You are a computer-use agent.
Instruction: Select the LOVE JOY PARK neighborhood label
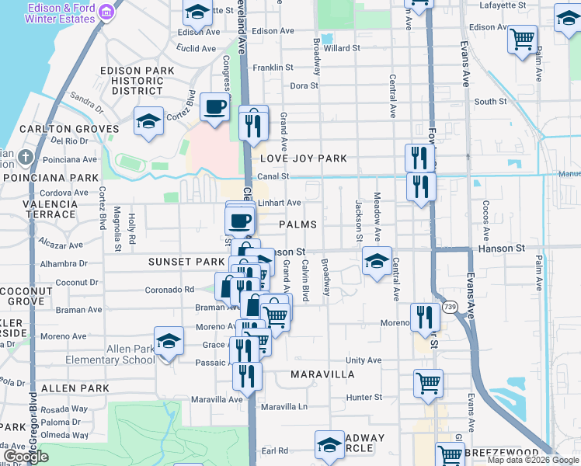[x=303, y=158]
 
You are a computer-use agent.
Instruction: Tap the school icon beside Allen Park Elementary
[x=169, y=341]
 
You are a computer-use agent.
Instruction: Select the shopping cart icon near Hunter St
[x=428, y=382]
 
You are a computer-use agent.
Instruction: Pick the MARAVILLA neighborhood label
[x=322, y=374]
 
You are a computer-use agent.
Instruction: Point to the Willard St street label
[x=342, y=47]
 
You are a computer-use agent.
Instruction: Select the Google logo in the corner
[x=26, y=457]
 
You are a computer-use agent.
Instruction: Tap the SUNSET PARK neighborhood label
[x=181, y=262]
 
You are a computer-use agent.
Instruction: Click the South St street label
[x=490, y=102]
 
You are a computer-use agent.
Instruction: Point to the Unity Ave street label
[x=364, y=360]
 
